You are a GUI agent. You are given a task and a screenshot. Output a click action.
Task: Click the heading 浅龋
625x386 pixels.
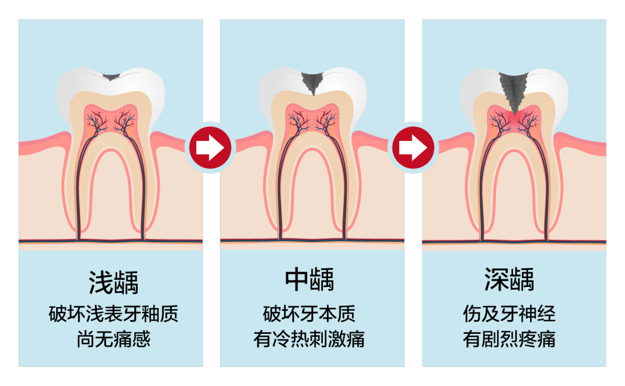(x=113, y=282)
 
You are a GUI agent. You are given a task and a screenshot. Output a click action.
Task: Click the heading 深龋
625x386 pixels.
(x=509, y=280)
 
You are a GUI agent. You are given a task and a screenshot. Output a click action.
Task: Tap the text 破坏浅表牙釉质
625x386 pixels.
(x=113, y=314)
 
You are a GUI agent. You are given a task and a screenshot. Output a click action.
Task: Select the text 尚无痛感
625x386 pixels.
(x=113, y=339)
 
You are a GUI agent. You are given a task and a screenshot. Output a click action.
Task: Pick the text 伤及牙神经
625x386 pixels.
(x=509, y=314)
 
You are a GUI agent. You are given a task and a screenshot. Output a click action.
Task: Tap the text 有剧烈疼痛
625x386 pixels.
(x=509, y=339)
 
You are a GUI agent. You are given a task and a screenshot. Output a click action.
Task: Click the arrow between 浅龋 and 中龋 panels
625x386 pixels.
(x=211, y=148)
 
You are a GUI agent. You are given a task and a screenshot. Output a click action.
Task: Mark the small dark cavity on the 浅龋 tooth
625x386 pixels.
(x=111, y=75)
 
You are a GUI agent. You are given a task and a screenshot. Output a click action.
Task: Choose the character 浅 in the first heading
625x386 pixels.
(x=100, y=282)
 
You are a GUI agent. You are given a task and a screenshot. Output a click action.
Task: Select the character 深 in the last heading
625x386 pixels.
(x=496, y=280)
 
